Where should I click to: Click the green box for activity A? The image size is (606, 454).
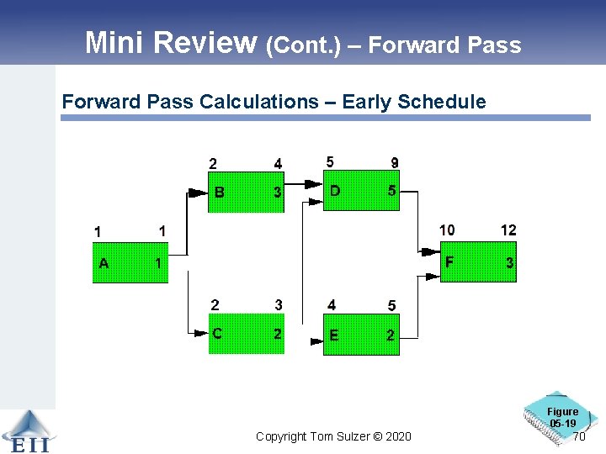click(130, 263)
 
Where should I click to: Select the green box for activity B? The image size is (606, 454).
click(246, 193)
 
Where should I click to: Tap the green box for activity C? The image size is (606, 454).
click(246, 334)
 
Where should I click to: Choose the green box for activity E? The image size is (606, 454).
click(361, 335)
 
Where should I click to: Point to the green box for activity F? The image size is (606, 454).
click(478, 262)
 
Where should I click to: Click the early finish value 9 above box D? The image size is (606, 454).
click(395, 162)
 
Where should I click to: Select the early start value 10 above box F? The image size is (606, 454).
click(447, 230)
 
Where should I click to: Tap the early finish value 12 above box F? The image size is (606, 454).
click(508, 230)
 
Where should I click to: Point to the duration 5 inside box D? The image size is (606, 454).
click(391, 191)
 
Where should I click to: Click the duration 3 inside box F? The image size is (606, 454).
click(509, 263)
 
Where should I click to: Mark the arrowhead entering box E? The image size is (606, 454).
click(316, 341)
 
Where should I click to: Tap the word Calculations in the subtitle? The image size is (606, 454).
click(259, 102)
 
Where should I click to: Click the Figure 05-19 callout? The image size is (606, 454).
click(561, 417)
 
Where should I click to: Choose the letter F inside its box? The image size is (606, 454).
click(449, 261)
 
